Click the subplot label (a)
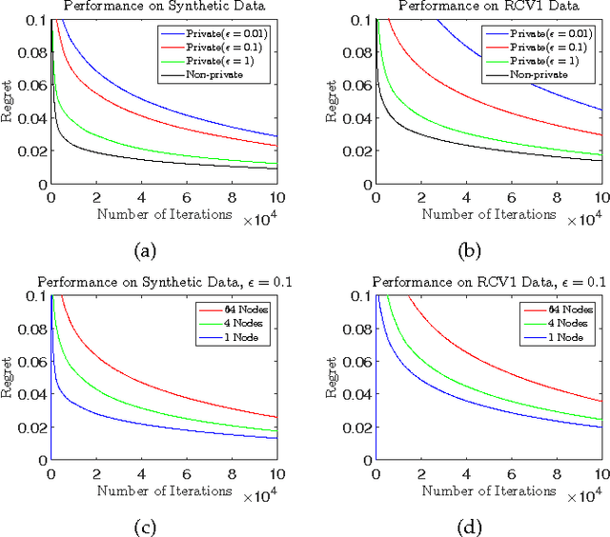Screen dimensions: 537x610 (145, 250)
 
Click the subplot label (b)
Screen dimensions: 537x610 (470, 250)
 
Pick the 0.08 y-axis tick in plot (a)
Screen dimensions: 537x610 (31, 52)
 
